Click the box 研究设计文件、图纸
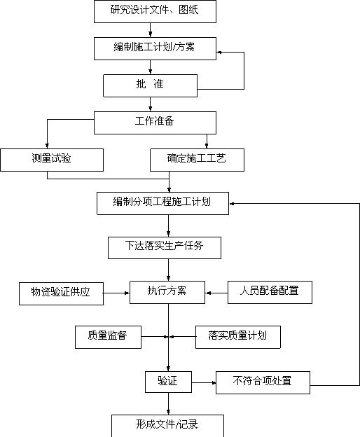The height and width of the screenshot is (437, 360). click(x=155, y=11)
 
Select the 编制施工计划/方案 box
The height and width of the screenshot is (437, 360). click(x=155, y=48)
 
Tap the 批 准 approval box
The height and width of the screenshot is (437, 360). click(x=150, y=85)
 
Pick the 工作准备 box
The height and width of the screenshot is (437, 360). click(x=155, y=123)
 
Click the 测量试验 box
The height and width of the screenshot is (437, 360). click(x=52, y=160)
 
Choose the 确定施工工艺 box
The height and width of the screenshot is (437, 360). click(x=197, y=160)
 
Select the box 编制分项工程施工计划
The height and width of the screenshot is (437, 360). click(x=162, y=204)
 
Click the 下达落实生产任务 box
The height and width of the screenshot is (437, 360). click(x=165, y=248)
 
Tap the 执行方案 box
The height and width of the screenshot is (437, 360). click(x=167, y=292)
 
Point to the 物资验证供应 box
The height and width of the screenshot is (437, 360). click(x=61, y=293)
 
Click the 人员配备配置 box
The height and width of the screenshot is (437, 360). click(x=270, y=292)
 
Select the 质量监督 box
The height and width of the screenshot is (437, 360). click(x=108, y=338)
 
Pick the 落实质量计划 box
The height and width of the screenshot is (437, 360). click(x=238, y=338)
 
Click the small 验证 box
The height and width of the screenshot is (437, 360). click(x=168, y=382)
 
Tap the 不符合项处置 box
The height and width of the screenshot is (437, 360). click(x=263, y=382)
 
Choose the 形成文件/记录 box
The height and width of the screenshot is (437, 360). click(x=167, y=426)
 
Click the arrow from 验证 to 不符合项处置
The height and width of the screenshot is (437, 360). click(x=204, y=382)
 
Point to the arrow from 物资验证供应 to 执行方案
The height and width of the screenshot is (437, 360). click(x=116, y=293)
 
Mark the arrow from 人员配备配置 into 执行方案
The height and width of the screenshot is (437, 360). click(x=216, y=293)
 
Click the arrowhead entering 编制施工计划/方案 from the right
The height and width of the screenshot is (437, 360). click(x=219, y=52)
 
